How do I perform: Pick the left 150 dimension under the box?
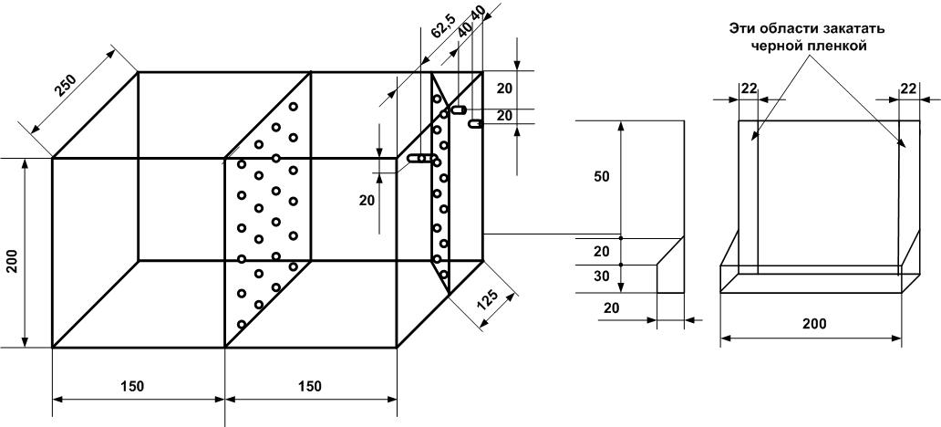point(132,386)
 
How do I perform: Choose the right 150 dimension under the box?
point(310,386)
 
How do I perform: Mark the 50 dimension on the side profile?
point(601,176)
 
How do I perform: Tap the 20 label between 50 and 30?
point(601,251)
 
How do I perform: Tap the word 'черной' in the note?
point(776,45)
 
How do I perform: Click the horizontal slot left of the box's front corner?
point(419,159)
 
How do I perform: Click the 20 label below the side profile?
point(611,307)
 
